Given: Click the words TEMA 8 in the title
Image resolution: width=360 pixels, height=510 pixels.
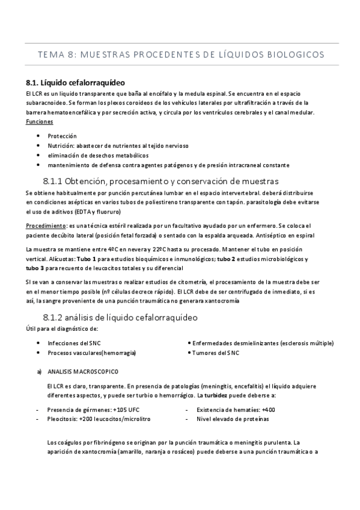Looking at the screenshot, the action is (54, 55).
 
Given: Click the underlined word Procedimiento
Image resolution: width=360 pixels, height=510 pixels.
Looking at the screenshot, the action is (41, 225).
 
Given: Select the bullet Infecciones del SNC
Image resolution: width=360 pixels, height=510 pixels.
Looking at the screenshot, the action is (74, 343).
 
